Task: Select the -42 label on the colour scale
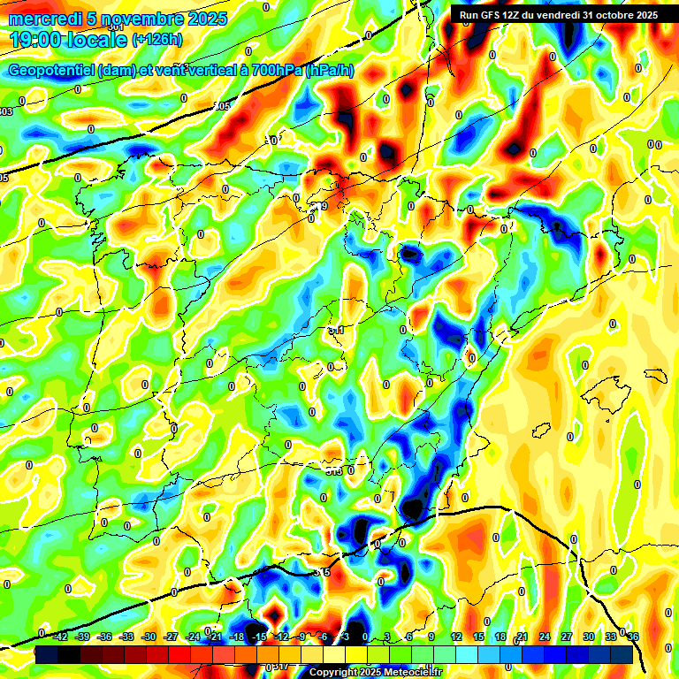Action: click(x=60, y=636)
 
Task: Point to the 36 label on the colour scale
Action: click(x=633, y=636)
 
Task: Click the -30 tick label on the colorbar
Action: click(x=149, y=636)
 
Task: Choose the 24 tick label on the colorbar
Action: click(x=545, y=636)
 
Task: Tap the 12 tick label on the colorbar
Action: click(x=456, y=636)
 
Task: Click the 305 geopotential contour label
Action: click(x=222, y=106)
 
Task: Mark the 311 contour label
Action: click(x=336, y=331)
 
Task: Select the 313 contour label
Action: click(x=333, y=471)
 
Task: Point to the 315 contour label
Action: click(x=323, y=573)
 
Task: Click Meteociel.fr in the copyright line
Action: click(x=416, y=672)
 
